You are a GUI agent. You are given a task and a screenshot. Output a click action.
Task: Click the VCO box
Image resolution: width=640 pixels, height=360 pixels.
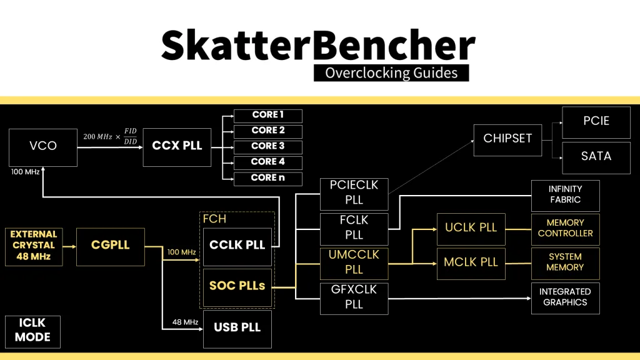[43, 146]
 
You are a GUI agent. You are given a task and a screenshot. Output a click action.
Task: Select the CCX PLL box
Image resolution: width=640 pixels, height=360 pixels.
[177, 146]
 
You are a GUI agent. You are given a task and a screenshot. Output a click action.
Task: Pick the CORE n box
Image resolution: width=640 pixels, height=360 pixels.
[267, 178]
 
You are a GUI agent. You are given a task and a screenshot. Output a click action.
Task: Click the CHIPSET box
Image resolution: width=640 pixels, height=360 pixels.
[507, 139]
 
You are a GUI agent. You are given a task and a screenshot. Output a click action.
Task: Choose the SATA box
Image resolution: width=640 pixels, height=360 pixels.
[596, 156]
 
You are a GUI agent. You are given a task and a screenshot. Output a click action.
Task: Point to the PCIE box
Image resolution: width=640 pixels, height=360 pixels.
[596, 122]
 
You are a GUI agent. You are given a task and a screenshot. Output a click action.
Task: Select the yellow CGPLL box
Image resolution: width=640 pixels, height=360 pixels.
[110, 246]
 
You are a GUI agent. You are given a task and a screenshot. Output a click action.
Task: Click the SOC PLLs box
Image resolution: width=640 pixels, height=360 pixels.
[237, 287]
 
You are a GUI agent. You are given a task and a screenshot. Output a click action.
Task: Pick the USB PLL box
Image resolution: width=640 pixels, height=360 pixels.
[237, 328]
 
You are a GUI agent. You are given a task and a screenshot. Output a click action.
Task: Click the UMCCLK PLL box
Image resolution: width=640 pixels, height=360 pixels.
[354, 262]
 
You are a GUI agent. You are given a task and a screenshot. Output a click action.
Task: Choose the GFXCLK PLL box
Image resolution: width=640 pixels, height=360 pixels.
[354, 297]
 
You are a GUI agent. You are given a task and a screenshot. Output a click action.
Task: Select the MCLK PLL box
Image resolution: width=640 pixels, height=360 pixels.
[471, 262]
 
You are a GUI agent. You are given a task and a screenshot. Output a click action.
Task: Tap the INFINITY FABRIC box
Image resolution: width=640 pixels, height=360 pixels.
[565, 195]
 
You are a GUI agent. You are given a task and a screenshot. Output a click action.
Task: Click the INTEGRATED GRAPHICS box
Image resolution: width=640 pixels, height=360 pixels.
[565, 297]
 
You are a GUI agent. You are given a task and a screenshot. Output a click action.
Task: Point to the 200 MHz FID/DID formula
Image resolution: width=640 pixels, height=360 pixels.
[110, 136]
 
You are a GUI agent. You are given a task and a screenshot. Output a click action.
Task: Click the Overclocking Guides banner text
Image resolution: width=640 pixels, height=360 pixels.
[391, 72]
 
